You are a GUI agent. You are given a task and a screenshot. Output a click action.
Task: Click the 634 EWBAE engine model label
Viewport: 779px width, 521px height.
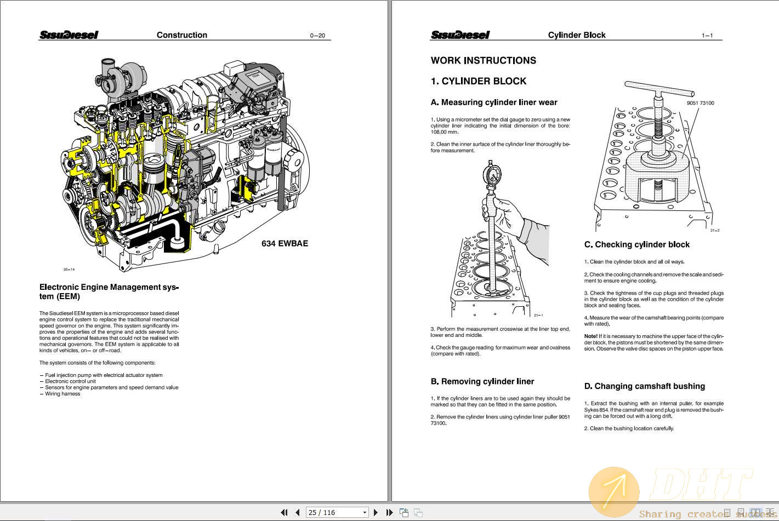click(x=285, y=243)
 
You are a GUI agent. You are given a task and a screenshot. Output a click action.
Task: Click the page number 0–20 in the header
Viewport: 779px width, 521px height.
click(x=317, y=36)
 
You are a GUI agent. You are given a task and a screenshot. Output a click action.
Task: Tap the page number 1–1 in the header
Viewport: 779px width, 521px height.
click(x=707, y=36)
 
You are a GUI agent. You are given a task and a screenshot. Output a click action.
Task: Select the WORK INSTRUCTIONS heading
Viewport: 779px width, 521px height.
click(x=483, y=61)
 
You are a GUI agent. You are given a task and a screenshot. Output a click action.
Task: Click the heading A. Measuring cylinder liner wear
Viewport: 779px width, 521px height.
click(x=493, y=102)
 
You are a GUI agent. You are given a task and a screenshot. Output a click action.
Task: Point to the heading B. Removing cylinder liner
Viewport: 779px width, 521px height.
click(x=482, y=381)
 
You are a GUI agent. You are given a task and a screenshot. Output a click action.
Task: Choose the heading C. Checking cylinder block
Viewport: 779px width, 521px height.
click(x=636, y=245)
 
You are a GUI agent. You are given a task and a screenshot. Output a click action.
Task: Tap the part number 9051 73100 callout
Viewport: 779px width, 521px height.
click(x=700, y=103)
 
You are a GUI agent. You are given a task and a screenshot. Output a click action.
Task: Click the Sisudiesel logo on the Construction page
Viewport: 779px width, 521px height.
click(x=69, y=35)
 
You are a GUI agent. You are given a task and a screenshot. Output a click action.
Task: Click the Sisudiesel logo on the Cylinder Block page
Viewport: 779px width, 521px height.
click(x=460, y=35)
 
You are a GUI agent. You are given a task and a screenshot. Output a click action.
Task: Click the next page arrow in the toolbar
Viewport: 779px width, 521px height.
click(x=376, y=512)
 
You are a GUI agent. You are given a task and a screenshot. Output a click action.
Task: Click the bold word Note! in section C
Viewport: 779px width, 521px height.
click(x=590, y=336)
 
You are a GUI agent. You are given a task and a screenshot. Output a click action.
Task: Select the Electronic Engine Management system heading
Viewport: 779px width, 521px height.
click(x=109, y=291)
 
